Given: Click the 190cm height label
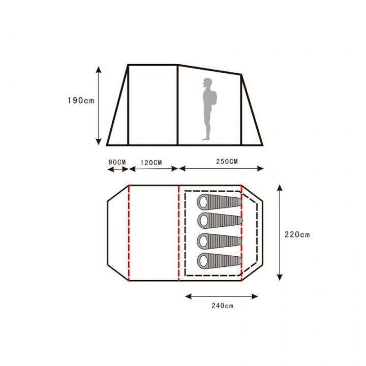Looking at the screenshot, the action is tap(81, 101).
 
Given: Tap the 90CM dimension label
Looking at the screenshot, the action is tap(117, 162).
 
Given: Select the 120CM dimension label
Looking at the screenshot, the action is tap(151, 163).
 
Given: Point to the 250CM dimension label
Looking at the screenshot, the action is tap(227, 162).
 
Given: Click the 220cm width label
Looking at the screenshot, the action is tap(297, 234).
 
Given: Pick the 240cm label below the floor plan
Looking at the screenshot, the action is tap(223, 306).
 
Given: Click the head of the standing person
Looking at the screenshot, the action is tap(207, 82).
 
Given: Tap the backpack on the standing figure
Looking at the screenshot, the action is tap(213, 97).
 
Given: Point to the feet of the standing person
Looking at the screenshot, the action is tap(206, 139).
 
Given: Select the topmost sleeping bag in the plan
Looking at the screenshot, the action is tap(220, 202).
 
